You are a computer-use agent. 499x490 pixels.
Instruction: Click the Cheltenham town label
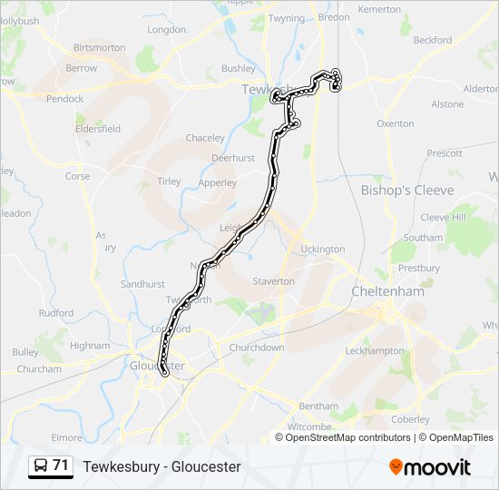387,291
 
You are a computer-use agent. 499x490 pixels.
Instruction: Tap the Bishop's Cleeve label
407,191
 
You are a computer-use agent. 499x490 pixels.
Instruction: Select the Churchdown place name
257,348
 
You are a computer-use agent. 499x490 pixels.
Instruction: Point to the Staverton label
274,281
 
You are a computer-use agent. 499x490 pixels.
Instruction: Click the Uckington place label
323,249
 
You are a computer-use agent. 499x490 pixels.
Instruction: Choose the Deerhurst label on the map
232,158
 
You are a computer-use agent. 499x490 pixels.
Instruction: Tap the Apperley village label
218,182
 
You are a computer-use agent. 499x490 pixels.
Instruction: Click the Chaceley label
205,138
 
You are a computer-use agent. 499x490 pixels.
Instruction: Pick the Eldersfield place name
98,129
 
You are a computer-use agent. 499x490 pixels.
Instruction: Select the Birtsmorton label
99,47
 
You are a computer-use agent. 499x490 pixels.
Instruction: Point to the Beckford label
432,40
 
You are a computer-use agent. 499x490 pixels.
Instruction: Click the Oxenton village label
395,123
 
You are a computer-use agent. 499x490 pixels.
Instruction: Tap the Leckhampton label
375,350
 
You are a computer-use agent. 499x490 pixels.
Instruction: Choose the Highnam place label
90,346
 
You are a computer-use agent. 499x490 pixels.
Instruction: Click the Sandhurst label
142,284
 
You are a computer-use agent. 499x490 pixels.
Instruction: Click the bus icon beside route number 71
40,466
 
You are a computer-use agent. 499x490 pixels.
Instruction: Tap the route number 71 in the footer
61,465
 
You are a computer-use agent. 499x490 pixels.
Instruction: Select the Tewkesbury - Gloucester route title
161,466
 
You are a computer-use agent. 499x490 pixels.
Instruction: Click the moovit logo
429,466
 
